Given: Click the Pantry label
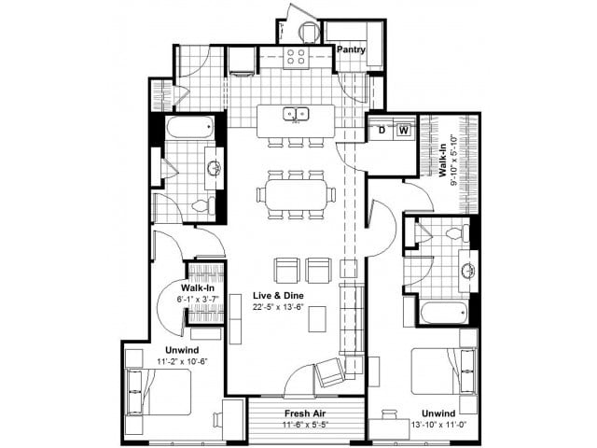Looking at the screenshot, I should [351, 49].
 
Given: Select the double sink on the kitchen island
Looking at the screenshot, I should [297, 116].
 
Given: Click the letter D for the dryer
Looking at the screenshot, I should [382, 131].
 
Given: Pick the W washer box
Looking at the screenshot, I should [403, 131].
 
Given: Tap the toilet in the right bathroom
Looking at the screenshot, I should [455, 233].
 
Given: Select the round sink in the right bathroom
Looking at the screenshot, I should [465, 272].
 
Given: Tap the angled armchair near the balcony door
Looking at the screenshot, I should [330, 373].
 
